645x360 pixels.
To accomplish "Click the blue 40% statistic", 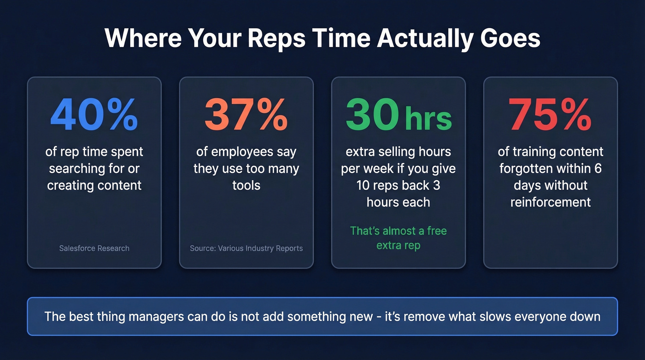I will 94,114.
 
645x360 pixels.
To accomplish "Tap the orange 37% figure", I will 246,114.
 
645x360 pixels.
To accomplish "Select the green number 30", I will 372,114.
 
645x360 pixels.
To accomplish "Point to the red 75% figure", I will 550,114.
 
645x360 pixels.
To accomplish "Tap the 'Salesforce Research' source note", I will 94,248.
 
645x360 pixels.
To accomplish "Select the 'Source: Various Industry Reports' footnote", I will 246,248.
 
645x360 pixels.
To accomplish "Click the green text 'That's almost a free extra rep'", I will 398,238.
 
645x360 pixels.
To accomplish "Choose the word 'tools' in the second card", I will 246,185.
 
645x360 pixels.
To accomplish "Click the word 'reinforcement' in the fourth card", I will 550,202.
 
